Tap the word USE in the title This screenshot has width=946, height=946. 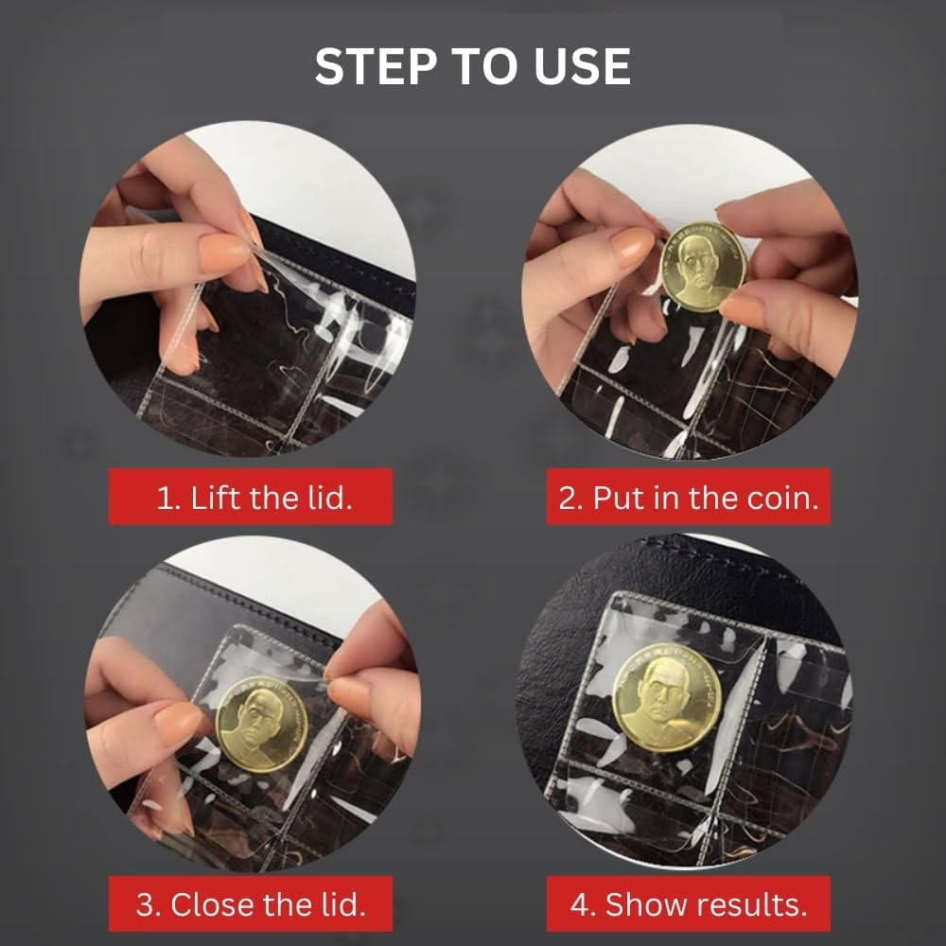(x=582, y=66)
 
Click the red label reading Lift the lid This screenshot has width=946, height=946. (x=251, y=497)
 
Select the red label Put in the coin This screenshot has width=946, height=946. (x=689, y=497)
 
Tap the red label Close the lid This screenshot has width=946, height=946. (x=251, y=903)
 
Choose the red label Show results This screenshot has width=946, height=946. (x=689, y=903)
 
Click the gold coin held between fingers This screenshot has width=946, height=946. (x=703, y=267)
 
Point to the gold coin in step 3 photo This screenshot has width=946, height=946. (x=261, y=724)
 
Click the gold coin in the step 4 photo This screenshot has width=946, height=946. (x=667, y=697)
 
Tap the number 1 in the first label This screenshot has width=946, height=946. (x=163, y=499)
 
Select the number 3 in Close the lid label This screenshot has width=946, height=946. (x=146, y=905)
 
